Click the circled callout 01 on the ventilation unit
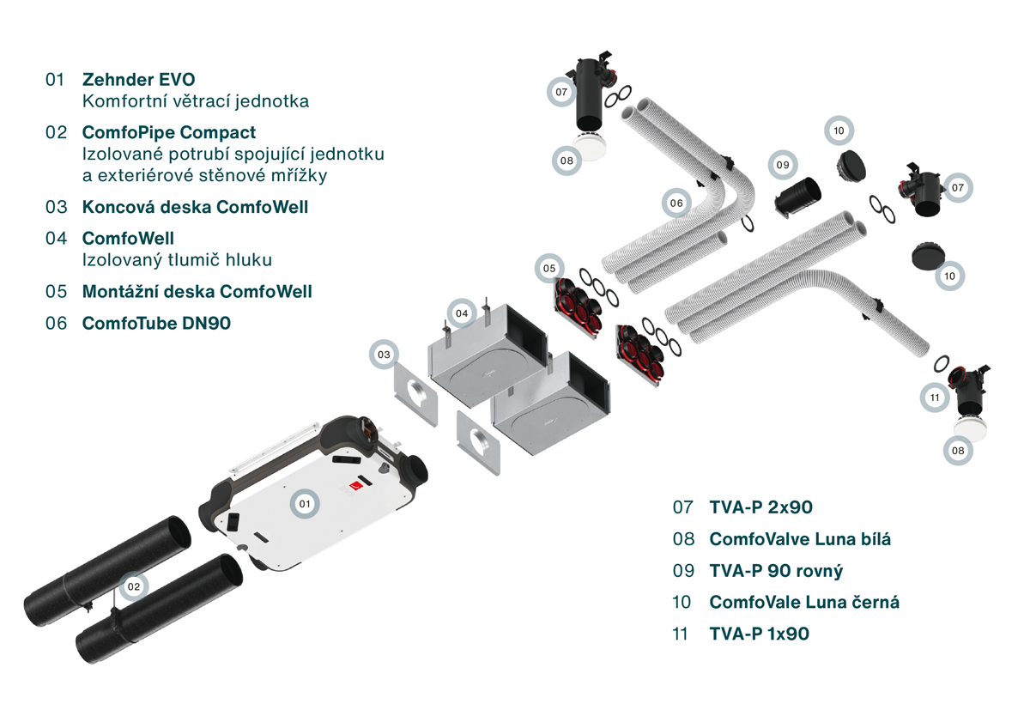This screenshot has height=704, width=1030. pyautogui.click(x=303, y=503)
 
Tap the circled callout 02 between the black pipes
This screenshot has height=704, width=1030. pyautogui.click(x=133, y=587)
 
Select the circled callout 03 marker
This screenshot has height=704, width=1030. pyautogui.click(x=385, y=355)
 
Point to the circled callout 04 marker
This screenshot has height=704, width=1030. pyautogui.click(x=462, y=314)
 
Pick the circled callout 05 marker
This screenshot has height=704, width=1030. pyautogui.click(x=549, y=269)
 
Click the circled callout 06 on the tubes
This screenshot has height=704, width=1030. pyautogui.click(x=676, y=203)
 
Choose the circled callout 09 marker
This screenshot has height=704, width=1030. pyautogui.click(x=782, y=165)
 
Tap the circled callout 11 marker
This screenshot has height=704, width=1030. pyautogui.click(x=935, y=398)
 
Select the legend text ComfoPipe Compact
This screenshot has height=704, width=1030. pyautogui.click(x=168, y=132)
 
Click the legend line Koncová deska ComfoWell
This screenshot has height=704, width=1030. pyautogui.click(x=195, y=207)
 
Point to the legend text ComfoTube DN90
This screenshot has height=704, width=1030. pyautogui.click(x=156, y=323)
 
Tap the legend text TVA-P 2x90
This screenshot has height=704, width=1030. pyautogui.click(x=760, y=507)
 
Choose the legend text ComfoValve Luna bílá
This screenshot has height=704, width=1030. pyautogui.click(x=800, y=539)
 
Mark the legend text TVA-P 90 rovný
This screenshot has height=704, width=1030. pyautogui.click(x=776, y=571)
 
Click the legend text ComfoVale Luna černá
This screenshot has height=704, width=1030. pyautogui.click(x=804, y=602)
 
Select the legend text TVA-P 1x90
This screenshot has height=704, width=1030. pyautogui.click(x=759, y=634)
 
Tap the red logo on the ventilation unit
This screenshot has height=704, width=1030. pyautogui.click(x=353, y=487)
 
